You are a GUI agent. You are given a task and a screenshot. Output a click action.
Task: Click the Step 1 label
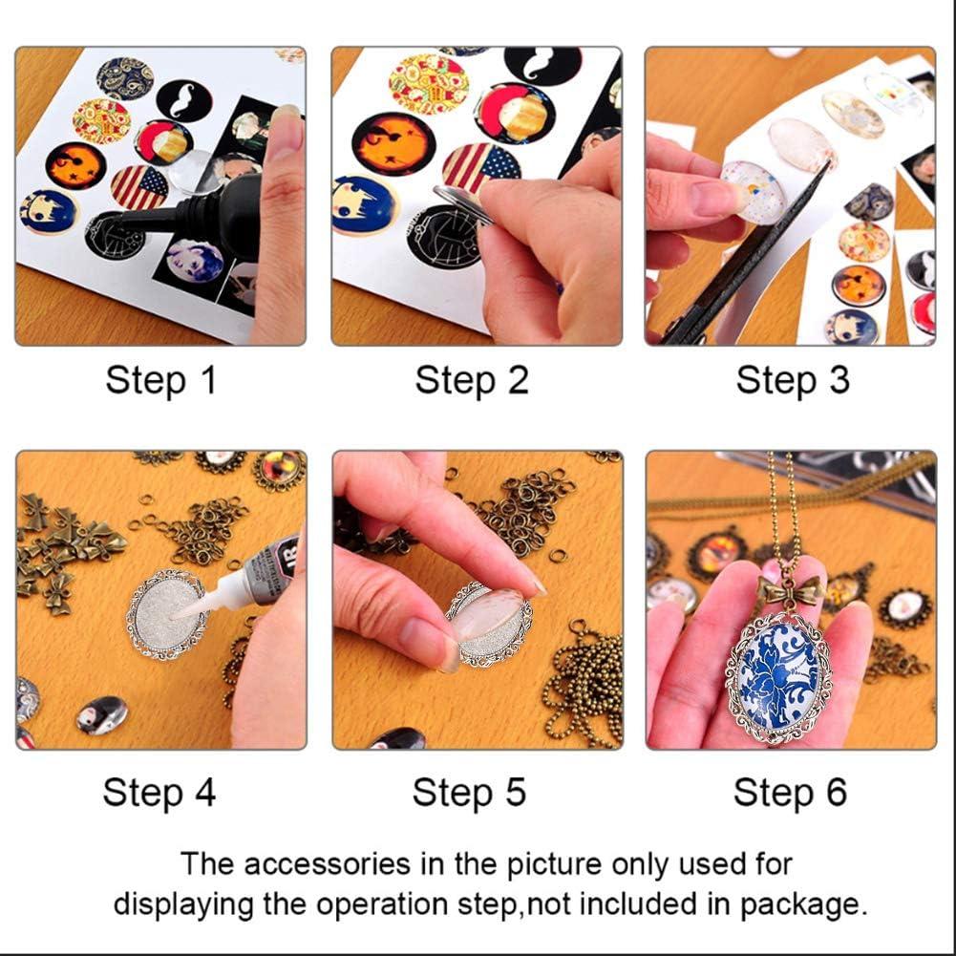pos(160,380)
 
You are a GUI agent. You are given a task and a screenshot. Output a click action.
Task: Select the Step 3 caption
pos(792,380)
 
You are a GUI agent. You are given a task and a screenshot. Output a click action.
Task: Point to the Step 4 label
pos(159,793)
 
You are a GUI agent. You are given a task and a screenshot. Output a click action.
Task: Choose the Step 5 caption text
pos(469,793)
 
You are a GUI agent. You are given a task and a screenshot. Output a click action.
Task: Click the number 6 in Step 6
pos(835,793)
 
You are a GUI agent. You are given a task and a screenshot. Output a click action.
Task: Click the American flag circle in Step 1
pos(139,186)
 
